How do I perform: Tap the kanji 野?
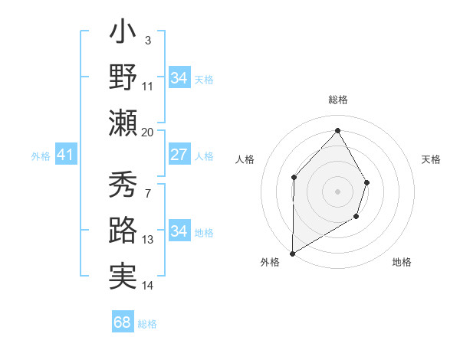(x=123, y=79)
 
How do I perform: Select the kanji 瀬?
(x=123, y=122)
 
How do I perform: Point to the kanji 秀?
(x=123, y=185)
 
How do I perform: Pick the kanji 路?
(x=123, y=229)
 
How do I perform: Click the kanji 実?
(x=123, y=273)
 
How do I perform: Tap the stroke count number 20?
(x=148, y=132)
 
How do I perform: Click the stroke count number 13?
(x=148, y=240)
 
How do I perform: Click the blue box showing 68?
(x=123, y=322)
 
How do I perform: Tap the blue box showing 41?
(x=65, y=155)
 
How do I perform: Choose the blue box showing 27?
(x=179, y=155)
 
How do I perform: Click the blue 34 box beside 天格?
(x=179, y=78)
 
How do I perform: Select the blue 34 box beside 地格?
(x=179, y=231)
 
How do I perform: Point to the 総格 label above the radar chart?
(x=338, y=100)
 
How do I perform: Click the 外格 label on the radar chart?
(x=270, y=262)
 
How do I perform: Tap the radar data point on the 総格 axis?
(x=337, y=130)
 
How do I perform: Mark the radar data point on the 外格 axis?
(x=292, y=253)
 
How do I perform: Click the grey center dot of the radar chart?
(x=337, y=191)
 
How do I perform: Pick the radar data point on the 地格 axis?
(x=356, y=217)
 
